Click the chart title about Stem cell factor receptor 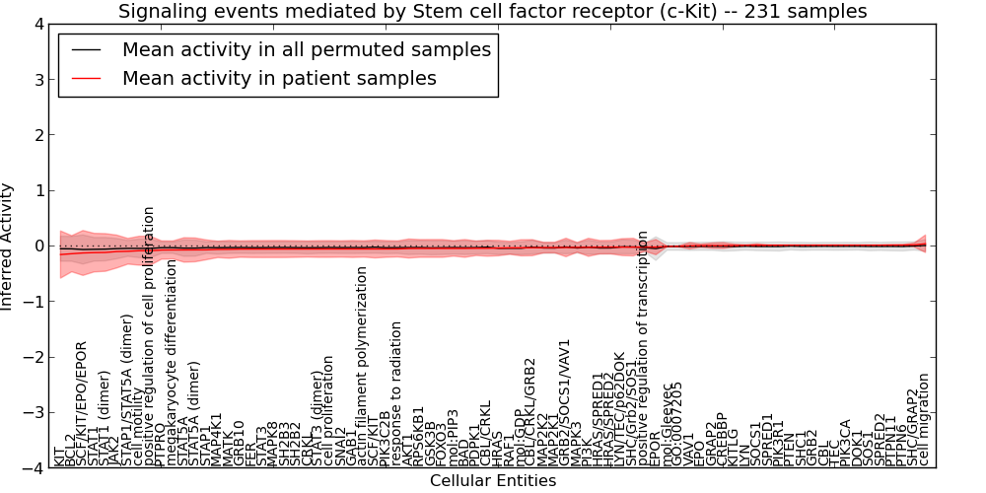click(x=493, y=12)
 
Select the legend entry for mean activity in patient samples click(x=279, y=78)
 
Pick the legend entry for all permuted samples click(x=306, y=49)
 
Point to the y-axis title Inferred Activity click(x=8, y=246)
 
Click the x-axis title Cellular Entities click(x=493, y=481)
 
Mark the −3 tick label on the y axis click(x=36, y=413)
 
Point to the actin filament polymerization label click(x=363, y=366)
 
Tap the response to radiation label click(x=396, y=392)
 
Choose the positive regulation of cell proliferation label click(x=150, y=336)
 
